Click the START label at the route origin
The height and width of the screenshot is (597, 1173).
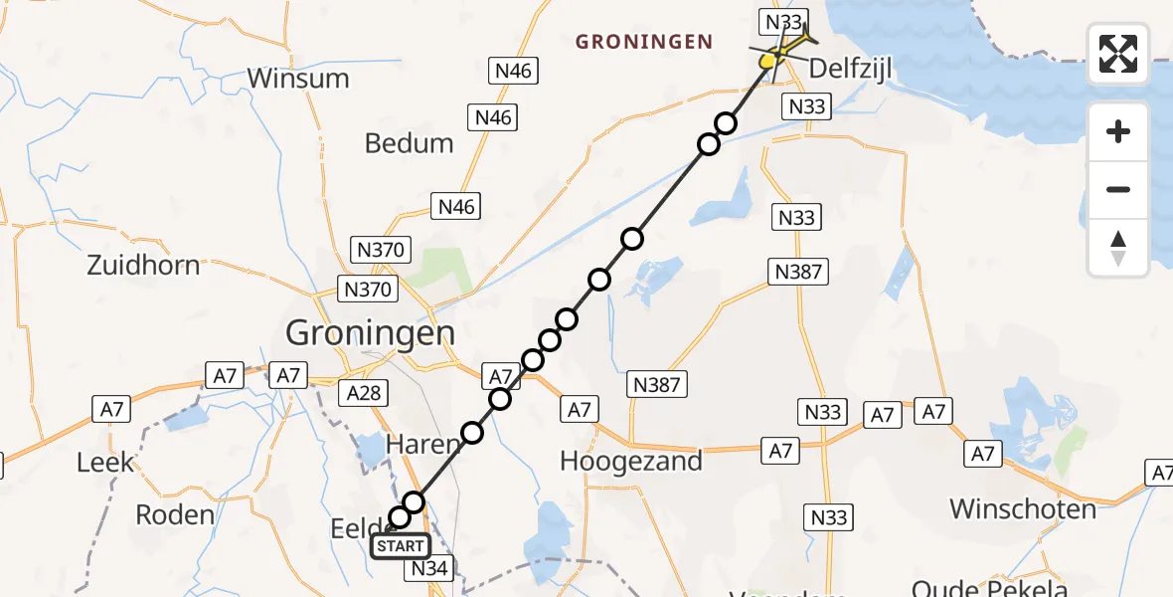400,545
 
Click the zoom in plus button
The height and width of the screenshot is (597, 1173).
1118,131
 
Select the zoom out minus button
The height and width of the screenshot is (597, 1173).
1118,189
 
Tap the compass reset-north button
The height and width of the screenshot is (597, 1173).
1118,248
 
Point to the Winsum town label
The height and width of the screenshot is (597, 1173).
298,78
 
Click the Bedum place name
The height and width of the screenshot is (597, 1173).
409,143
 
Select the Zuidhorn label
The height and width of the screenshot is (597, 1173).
143,266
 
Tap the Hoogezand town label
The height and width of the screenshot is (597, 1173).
631,461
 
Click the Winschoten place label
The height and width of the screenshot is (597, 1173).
1023,509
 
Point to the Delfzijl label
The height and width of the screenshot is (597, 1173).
852,71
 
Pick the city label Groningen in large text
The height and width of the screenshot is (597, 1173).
370,332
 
